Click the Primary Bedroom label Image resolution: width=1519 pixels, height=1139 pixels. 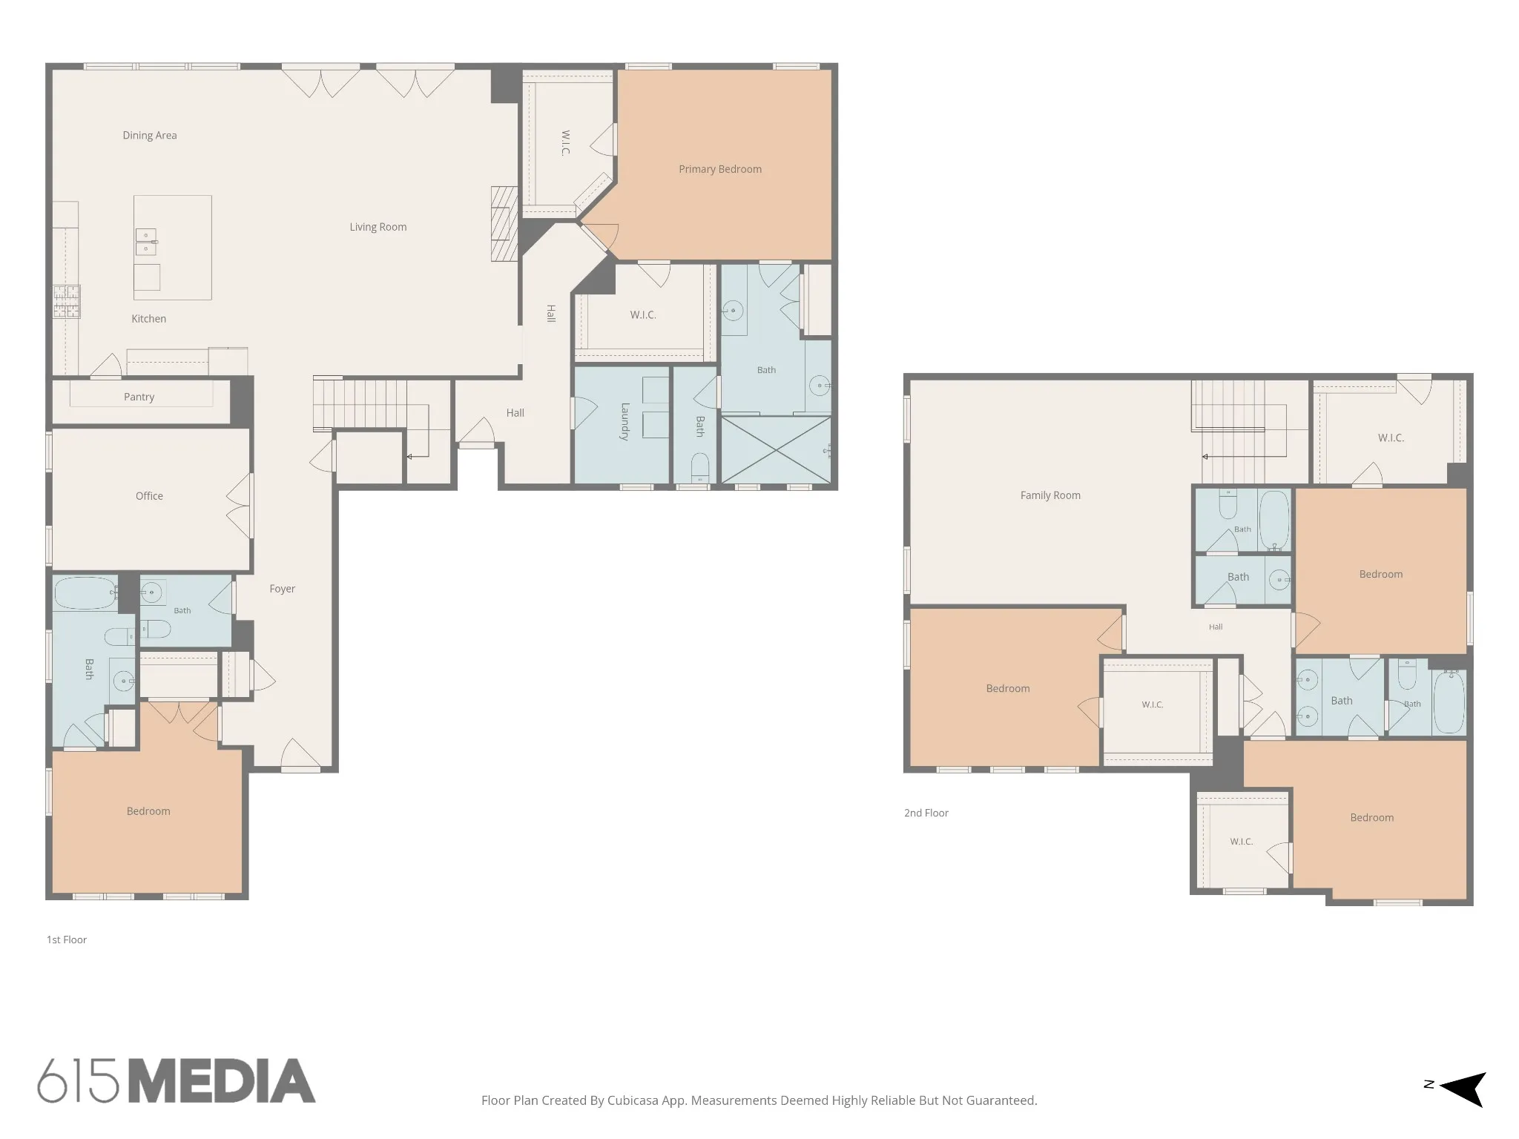(720, 169)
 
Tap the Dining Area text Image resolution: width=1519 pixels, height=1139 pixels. (150, 135)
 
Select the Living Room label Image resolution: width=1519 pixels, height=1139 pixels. (378, 227)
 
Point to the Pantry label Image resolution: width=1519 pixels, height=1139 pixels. (139, 397)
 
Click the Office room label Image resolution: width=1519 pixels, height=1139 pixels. (149, 496)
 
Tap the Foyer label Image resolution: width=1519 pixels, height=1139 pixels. (282, 589)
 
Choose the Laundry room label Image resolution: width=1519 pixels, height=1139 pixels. (625, 422)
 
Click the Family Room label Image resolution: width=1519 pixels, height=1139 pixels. (1050, 495)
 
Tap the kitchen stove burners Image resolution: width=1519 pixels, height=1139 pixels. (66, 302)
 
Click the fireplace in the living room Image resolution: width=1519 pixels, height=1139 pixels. (504, 223)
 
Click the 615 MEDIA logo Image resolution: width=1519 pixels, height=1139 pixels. (177, 1080)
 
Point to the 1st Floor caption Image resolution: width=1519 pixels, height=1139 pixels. (67, 940)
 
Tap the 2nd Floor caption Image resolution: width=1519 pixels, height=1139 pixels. (926, 813)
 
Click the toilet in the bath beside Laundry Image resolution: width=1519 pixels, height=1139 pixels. (700, 467)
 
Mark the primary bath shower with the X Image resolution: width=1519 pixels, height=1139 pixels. (776, 450)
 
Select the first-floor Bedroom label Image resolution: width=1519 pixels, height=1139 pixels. (148, 811)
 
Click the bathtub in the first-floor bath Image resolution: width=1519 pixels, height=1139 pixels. (85, 593)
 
